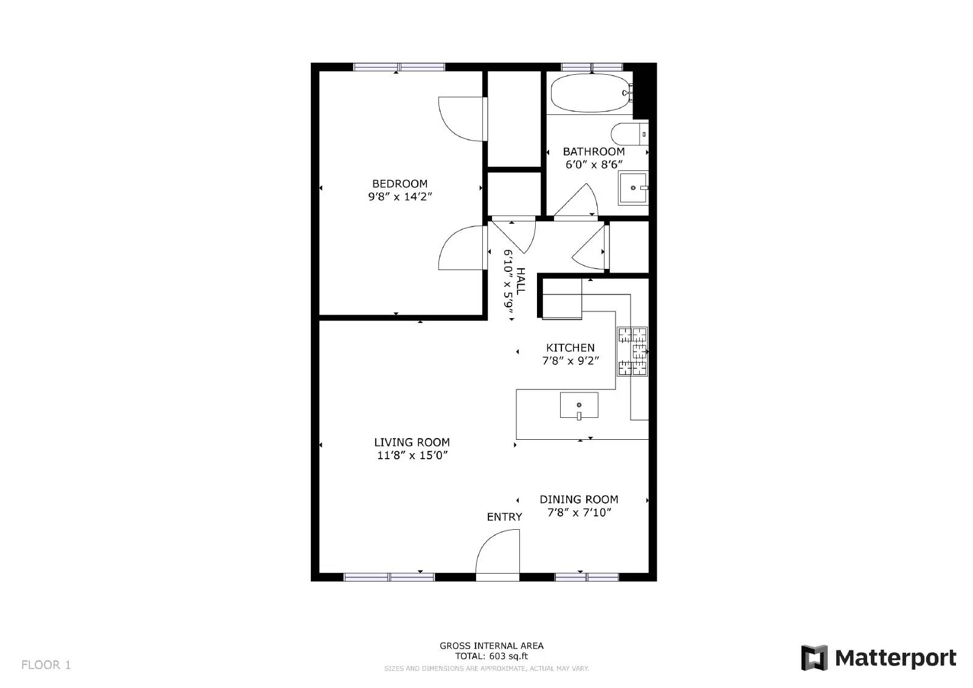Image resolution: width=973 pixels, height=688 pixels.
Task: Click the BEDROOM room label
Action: pyautogui.click(x=400, y=184)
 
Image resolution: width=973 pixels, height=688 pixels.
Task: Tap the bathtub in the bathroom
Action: pyautogui.click(x=589, y=93)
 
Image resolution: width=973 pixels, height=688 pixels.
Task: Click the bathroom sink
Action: pyautogui.click(x=633, y=187)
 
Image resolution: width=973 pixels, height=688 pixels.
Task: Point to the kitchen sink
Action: pyautogui.click(x=578, y=405)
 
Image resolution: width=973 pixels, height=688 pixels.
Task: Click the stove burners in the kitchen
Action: pyautogui.click(x=633, y=352)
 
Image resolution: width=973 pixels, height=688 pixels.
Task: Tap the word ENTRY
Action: pyautogui.click(x=504, y=517)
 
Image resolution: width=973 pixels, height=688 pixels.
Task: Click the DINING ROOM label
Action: pyautogui.click(x=579, y=499)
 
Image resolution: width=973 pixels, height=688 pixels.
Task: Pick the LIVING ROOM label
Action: pyautogui.click(x=412, y=443)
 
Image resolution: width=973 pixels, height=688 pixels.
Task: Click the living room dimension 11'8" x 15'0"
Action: pyautogui.click(x=412, y=456)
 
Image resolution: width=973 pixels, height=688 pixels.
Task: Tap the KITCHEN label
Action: pyautogui.click(x=570, y=348)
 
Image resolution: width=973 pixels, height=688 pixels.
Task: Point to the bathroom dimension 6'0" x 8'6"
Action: pyautogui.click(x=594, y=164)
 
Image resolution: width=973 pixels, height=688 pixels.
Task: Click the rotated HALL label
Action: pyautogui.click(x=521, y=280)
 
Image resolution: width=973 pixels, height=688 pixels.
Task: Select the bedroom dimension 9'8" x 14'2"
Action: pyautogui.click(x=400, y=196)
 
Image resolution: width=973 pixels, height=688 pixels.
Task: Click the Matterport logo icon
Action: pyautogui.click(x=814, y=658)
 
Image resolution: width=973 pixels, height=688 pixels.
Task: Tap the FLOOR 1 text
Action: pyautogui.click(x=46, y=665)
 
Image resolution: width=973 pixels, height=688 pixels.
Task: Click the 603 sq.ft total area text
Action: pyautogui.click(x=491, y=656)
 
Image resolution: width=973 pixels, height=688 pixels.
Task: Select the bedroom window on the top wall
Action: pyautogui.click(x=399, y=67)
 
